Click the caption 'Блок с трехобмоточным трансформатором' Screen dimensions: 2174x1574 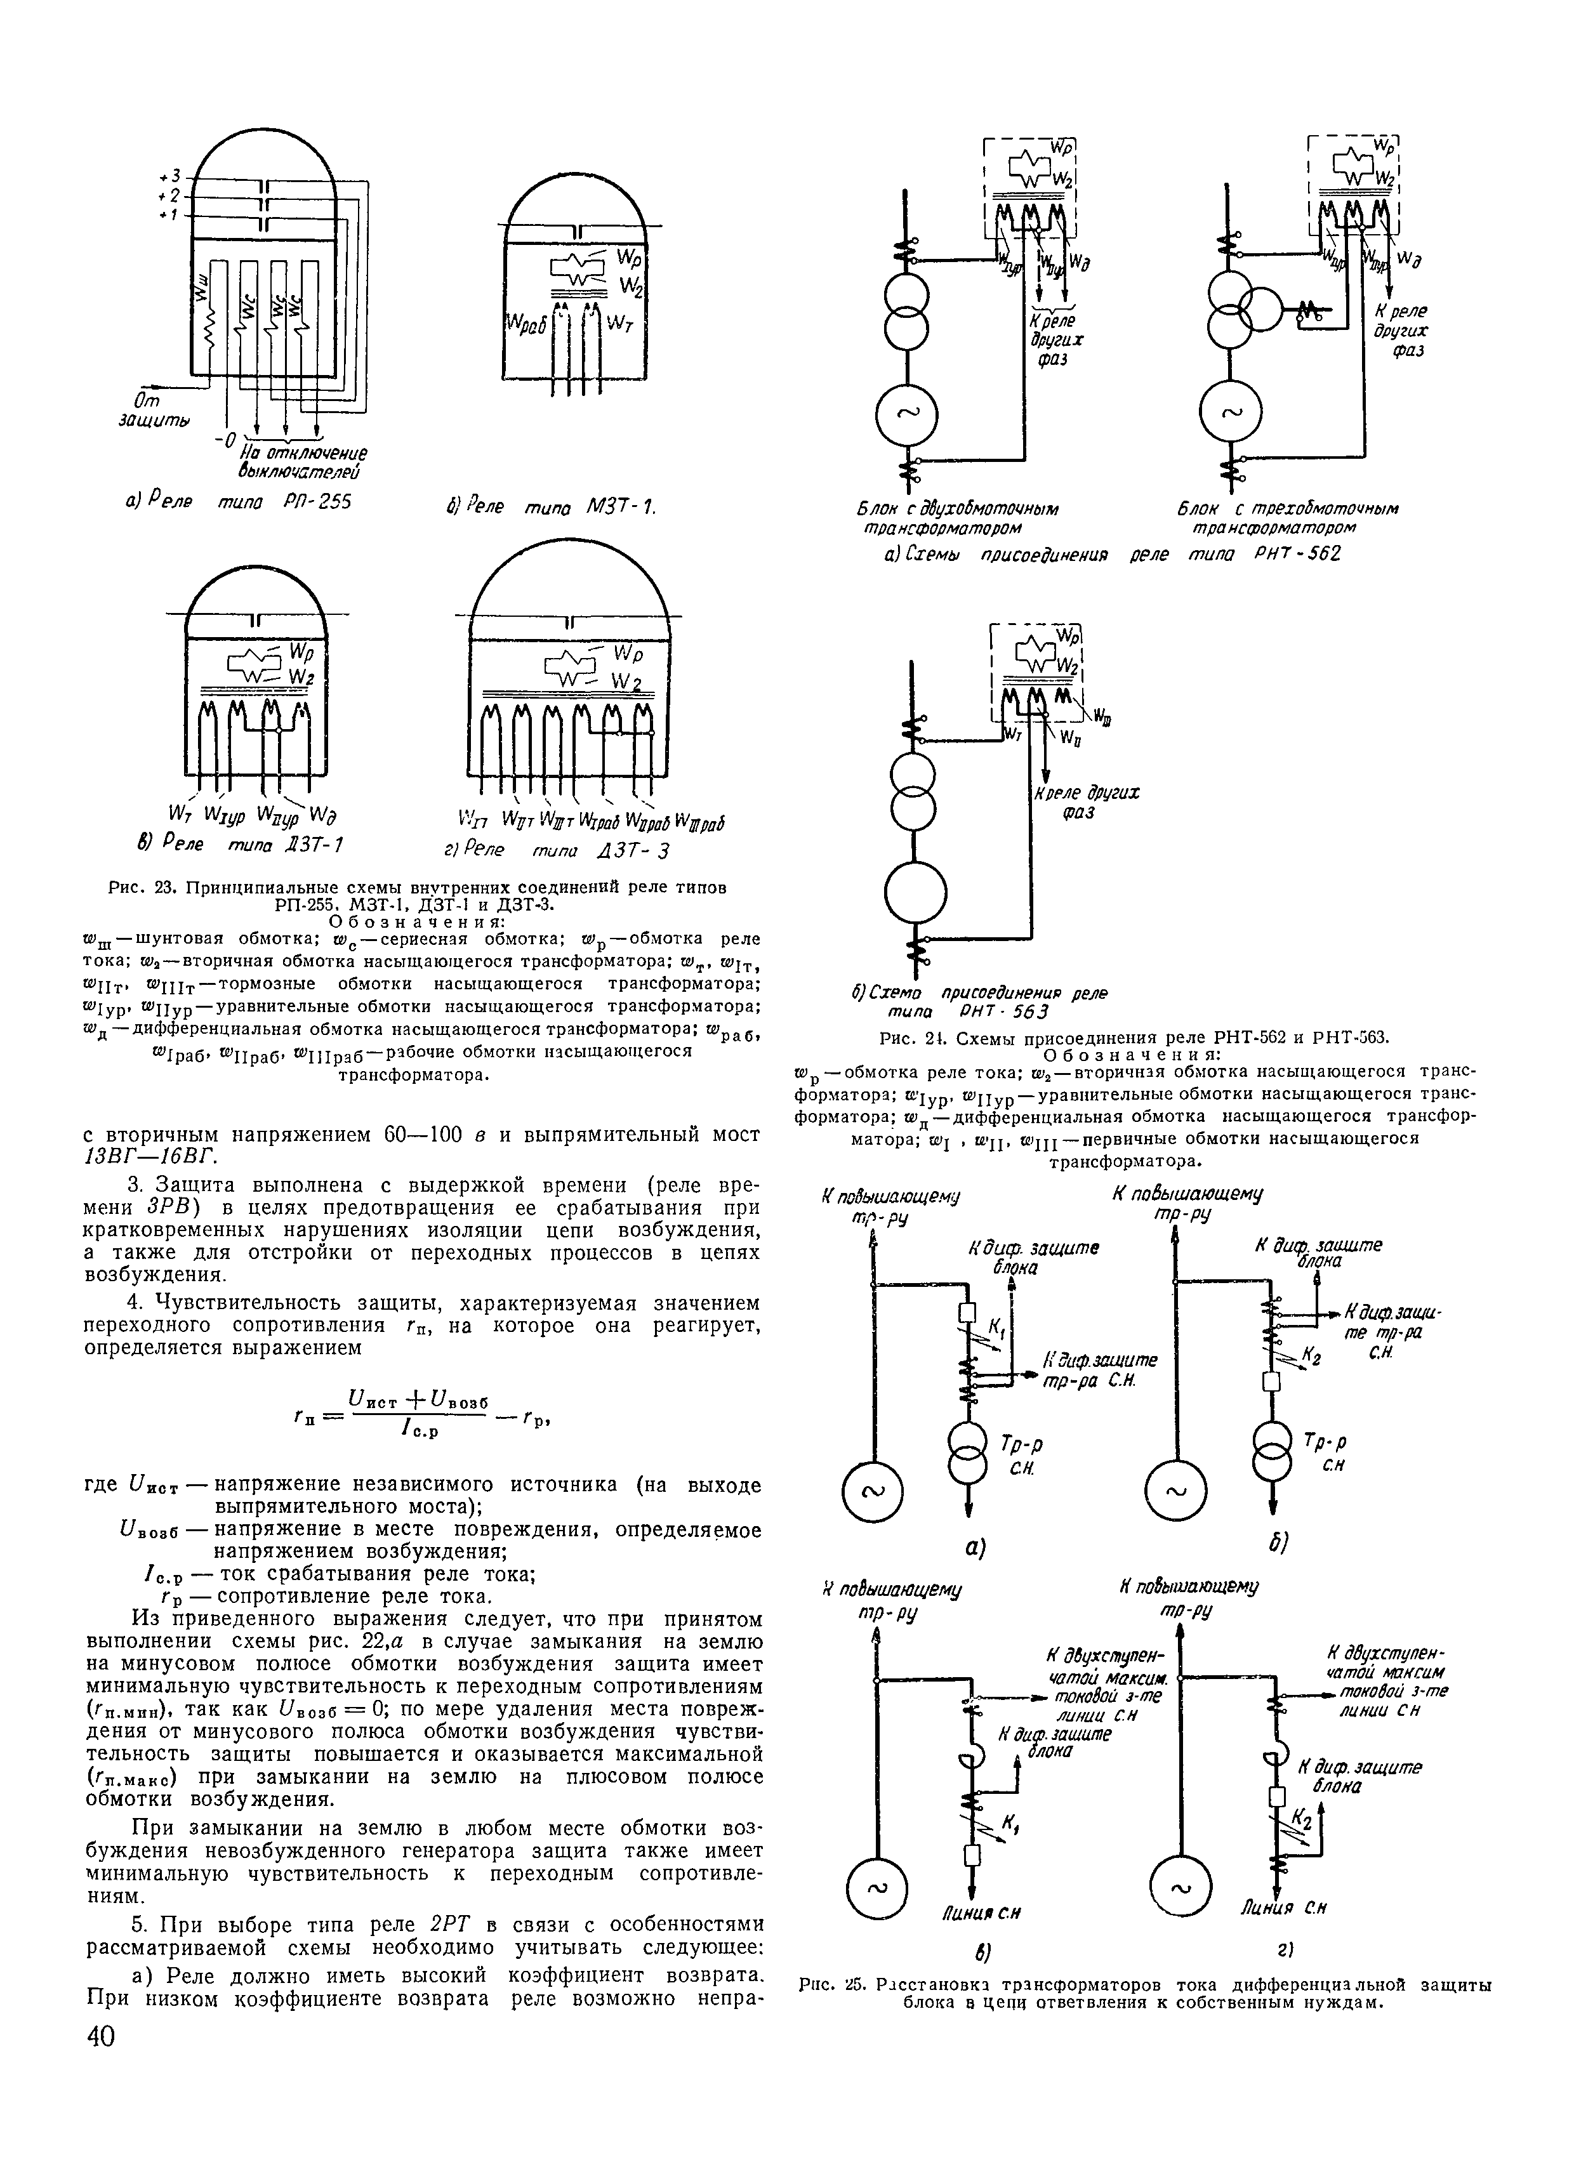(x=1287, y=518)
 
